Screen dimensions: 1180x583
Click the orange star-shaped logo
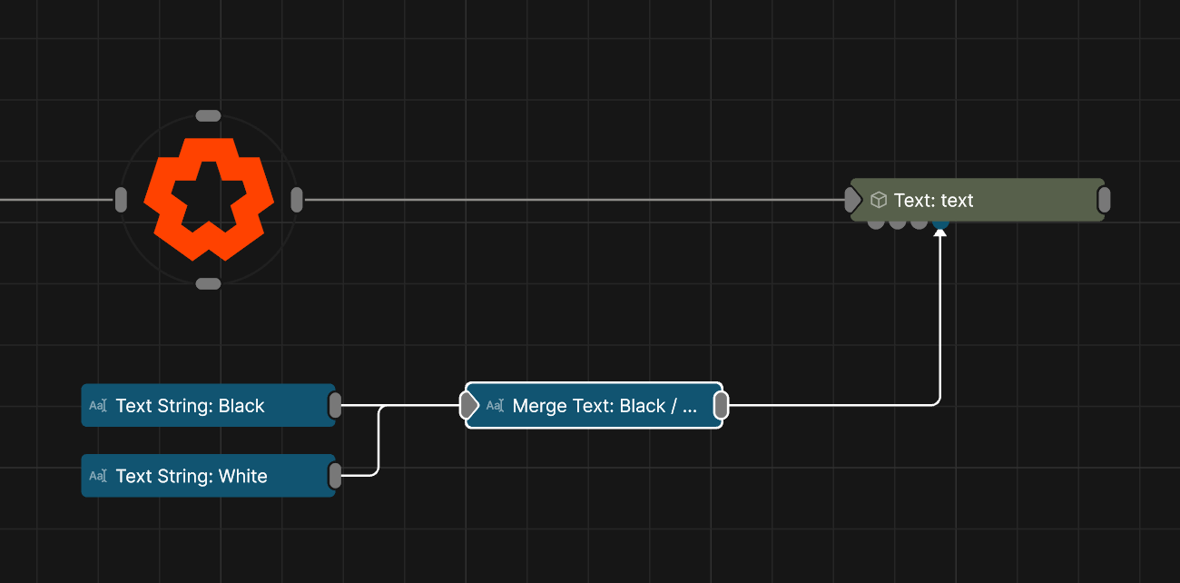click(x=209, y=199)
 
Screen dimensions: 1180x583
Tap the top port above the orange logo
click(x=208, y=116)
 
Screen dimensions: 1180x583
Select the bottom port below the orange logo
click(x=208, y=284)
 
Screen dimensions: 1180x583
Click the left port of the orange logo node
click(x=121, y=200)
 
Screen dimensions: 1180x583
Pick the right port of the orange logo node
click(x=297, y=200)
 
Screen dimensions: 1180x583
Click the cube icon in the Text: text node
click(x=879, y=200)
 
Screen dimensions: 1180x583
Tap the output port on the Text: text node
click(x=1104, y=200)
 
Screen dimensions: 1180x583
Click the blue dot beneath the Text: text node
click(x=940, y=224)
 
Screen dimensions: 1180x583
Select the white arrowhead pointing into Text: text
click(x=940, y=232)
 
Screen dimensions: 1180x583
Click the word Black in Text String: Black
click(x=241, y=406)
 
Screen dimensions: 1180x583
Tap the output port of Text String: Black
click(x=335, y=405)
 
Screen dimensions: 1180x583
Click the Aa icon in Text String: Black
click(x=98, y=405)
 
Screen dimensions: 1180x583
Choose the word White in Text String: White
click(x=243, y=476)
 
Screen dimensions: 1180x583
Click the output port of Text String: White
click(x=335, y=476)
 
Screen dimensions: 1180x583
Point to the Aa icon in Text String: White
click(x=98, y=476)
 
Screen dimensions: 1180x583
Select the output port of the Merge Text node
click(x=722, y=405)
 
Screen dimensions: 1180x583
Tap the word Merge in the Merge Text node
click(x=539, y=407)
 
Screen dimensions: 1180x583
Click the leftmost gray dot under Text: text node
click(x=876, y=224)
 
